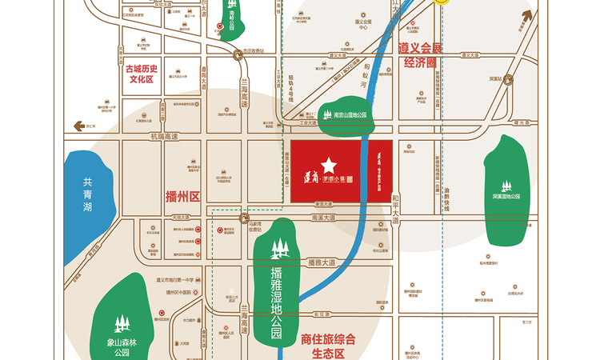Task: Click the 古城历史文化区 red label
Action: (144, 74)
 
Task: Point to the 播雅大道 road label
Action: (320, 262)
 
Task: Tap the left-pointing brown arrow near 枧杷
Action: (78, 126)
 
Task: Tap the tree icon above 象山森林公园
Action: (121, 324)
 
